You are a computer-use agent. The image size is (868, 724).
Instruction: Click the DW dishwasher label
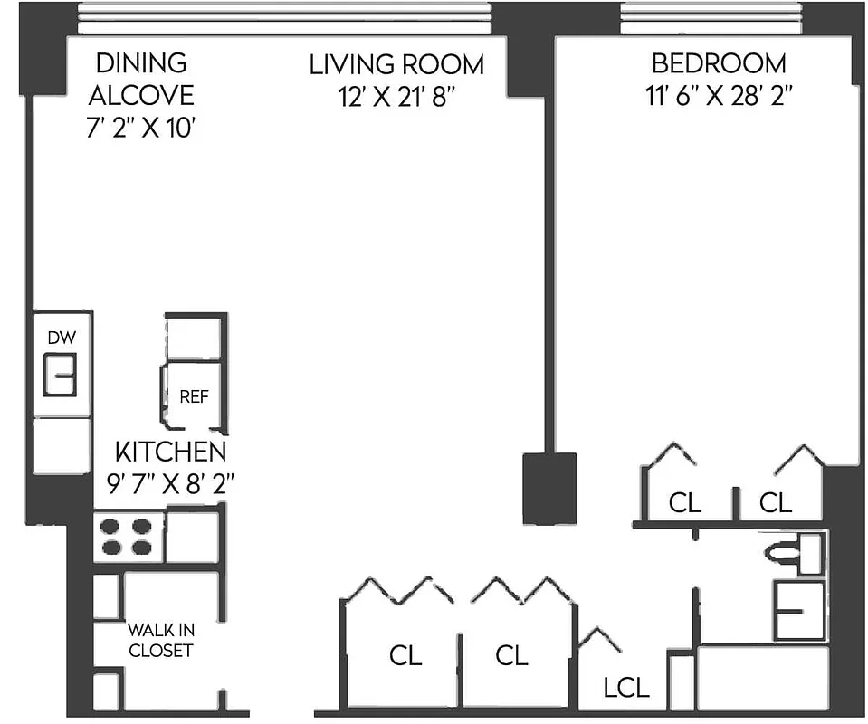(62, 338)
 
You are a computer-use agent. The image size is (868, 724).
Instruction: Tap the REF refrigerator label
(194, 396)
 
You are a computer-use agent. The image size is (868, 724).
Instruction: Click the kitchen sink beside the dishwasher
(61, 375)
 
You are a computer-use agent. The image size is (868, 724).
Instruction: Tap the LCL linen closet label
(626, 688)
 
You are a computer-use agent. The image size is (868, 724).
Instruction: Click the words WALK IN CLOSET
(160, 640)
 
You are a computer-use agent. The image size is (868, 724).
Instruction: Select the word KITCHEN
(170, 452)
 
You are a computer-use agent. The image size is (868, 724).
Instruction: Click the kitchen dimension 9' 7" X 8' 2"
(170, 482)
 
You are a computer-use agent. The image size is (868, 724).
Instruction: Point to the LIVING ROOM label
(396, 64)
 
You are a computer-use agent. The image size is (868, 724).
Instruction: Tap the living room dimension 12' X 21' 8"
(396, 95)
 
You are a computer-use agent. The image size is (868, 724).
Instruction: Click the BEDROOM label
(719, 63)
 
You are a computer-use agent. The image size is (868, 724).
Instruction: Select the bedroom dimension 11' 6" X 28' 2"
(719, 95)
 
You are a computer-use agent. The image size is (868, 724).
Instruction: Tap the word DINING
(141, 63)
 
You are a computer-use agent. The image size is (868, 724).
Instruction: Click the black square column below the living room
(549, 488)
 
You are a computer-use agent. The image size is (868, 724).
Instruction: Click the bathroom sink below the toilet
(799, 611)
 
